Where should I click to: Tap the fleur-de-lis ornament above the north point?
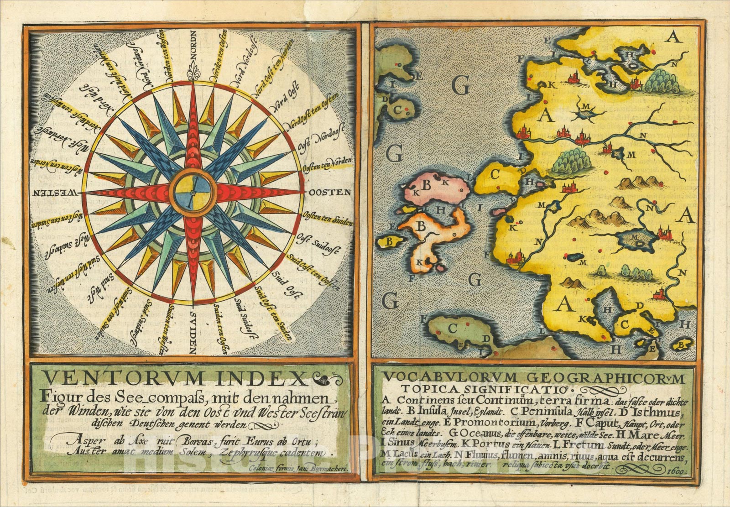click(x=193, y=74)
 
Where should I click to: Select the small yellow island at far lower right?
click(x=683, y=344)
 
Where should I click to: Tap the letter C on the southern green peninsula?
click(x=453, y=328)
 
